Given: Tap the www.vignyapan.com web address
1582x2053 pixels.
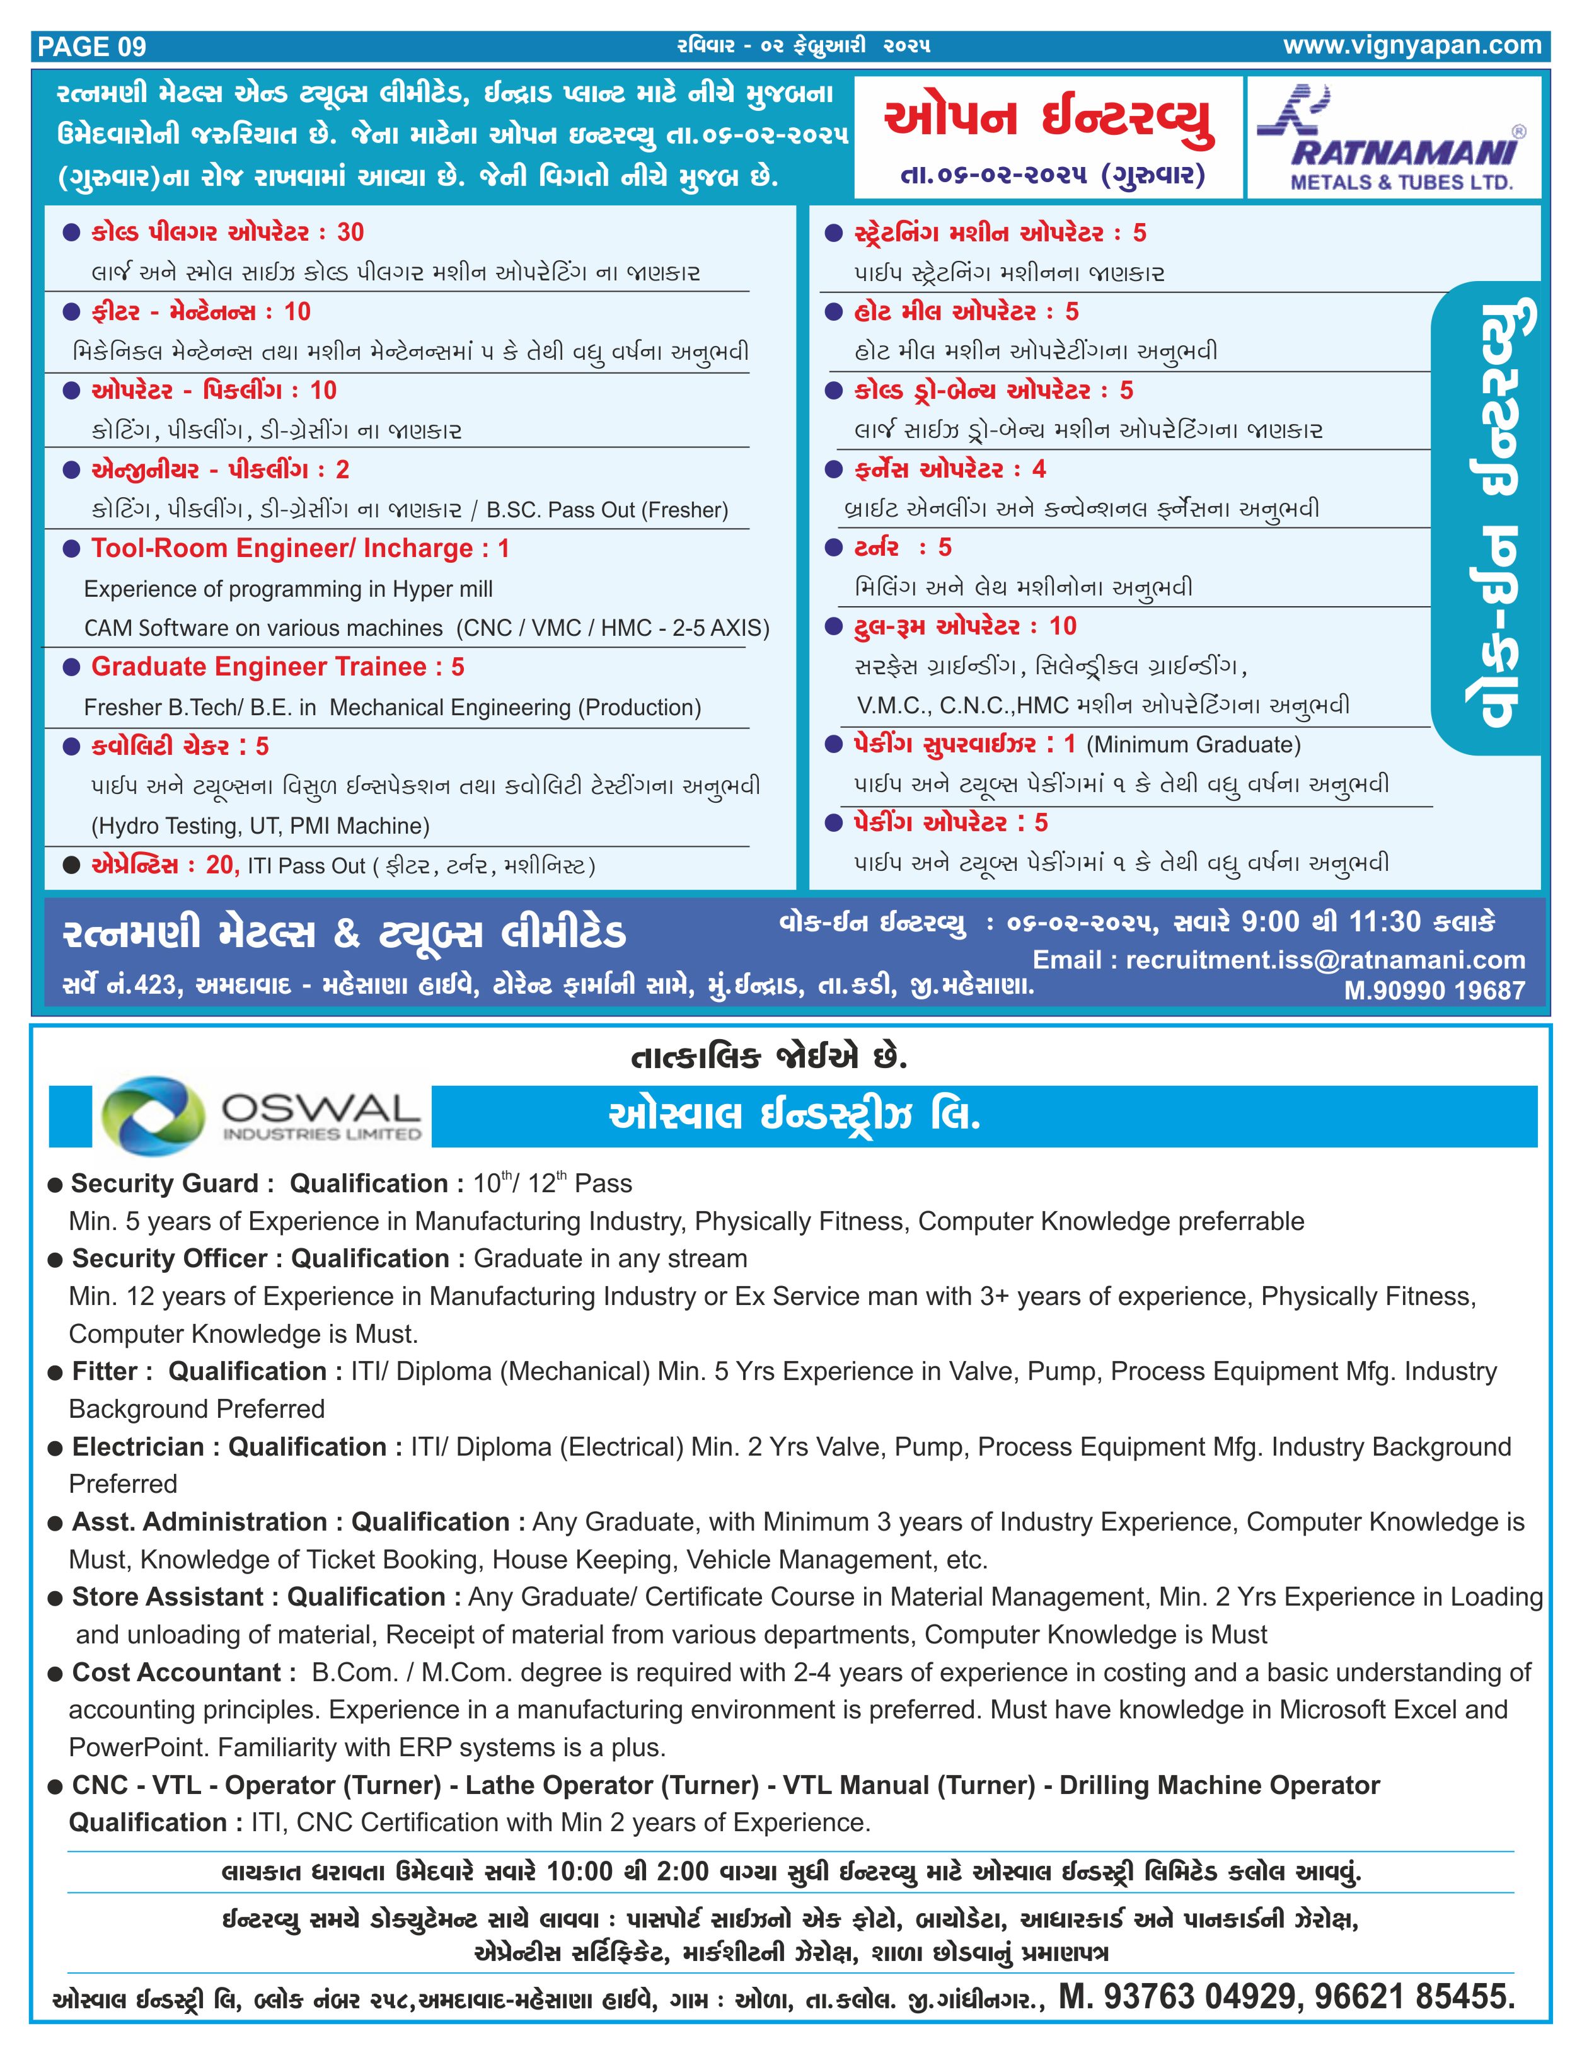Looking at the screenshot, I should click(1412, 45).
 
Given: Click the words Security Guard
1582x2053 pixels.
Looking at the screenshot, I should click(165, 1183).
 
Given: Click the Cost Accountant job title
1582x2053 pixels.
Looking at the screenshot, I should click(176, 1672).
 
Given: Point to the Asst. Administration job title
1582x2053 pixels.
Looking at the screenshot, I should click(199, 1522).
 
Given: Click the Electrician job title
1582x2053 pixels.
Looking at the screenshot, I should click(138, 1447).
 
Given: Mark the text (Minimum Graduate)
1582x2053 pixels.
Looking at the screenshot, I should click(1193, 744).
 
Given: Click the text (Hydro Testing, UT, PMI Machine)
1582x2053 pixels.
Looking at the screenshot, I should click(260, 826).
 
